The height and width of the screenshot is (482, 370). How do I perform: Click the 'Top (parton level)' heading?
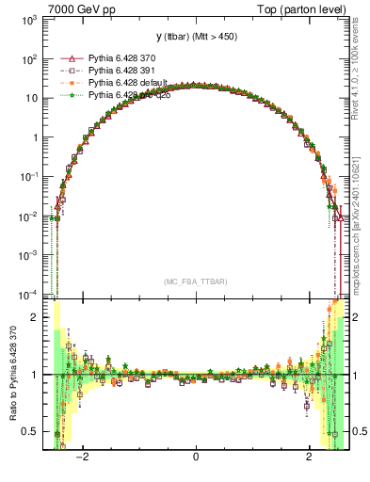pos(306,8)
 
